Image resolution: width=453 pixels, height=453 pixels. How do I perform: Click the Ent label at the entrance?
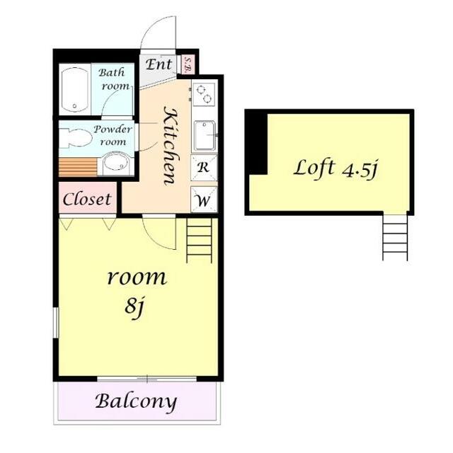159,64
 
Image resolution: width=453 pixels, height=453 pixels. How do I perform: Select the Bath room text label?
114,79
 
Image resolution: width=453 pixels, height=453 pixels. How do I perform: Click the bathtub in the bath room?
75,90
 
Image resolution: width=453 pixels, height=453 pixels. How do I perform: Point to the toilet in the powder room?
74,138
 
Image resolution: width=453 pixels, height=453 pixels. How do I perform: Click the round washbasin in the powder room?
116,164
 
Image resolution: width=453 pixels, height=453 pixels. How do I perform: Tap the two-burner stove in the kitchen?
204,93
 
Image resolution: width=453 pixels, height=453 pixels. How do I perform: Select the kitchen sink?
205,135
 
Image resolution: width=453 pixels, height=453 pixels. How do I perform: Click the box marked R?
204,167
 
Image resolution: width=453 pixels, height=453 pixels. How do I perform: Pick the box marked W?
204,200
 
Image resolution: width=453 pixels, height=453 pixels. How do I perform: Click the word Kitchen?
171,145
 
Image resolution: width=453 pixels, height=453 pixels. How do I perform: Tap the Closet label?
87,200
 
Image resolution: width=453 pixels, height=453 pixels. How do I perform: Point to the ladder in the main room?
199,241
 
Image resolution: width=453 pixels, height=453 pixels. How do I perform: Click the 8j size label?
134,308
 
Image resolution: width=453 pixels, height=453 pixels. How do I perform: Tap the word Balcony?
136,401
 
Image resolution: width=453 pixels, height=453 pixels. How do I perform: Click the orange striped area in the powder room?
78,167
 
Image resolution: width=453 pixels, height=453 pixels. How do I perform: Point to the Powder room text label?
113,135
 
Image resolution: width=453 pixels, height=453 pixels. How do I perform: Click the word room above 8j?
137,277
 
